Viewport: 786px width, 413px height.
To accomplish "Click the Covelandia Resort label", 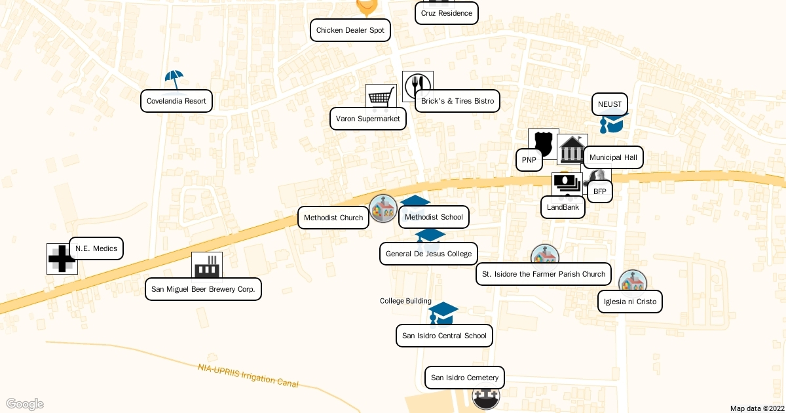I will pyautogui.click(x=176, y=101).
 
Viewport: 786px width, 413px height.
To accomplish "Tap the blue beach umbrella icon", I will pyautogui.click(x=174, y=79).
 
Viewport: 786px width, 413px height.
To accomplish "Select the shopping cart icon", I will pyautogui.click(x=381, y=97).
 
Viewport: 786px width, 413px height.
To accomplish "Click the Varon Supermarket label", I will pyautogui.click(x=367, y=119).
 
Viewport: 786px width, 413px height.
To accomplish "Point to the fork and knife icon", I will pyautogui.click(x=417, y=85).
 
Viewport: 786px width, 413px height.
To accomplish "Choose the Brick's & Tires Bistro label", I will pyautogui.click(x=457, y=101).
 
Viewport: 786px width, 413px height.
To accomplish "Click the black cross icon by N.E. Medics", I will pyautogui.click(x=62, y=259).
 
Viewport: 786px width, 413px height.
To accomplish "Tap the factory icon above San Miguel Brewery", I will pyautogui.click(x=206, y=266).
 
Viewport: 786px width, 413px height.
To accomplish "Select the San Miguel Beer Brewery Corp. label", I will pyautogui.click(x=203, y=289).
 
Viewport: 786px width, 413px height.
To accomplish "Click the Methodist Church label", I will pyautogui.click(x=333, y=218).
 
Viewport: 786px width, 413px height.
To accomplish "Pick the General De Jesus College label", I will pyautogui.click(x=428, y=254).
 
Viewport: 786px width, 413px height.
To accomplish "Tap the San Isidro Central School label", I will pyautogui.click(x=444, y=336).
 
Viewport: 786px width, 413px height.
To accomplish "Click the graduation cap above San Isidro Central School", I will pyautogui.click(x=443, y=312).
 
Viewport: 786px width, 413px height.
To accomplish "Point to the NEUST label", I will pyautogui.click(x=609, y=104).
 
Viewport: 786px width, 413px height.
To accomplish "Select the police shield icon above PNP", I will pyautogui.click(x=543, y=142).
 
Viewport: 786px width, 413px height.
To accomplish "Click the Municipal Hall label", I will pyautogui.click(x=613, y=157).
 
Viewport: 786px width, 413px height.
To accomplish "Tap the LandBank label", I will pyautogui.click(x=563, y=207).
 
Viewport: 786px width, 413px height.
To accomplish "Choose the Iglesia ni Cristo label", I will pyautogui.click(x=629, y=302).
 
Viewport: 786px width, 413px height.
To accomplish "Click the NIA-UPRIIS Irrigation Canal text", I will pyautogui.click(x=248, y=375).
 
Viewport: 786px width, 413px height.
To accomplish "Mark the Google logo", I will pyautogui.click(x=24, y=404).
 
